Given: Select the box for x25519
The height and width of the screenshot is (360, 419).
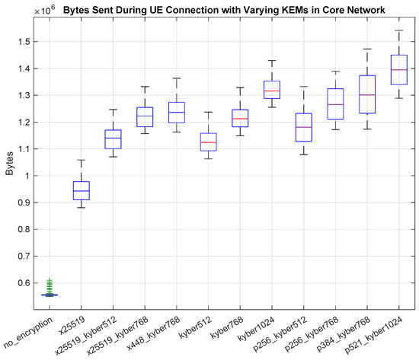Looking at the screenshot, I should click(x=81, y=190).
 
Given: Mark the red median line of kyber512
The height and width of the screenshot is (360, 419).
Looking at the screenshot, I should click(x=208, y=142).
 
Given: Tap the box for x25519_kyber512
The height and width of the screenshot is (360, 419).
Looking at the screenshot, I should click(x=113, y=139).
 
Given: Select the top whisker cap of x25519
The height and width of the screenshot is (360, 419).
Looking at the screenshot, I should click(x=81, y=160).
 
